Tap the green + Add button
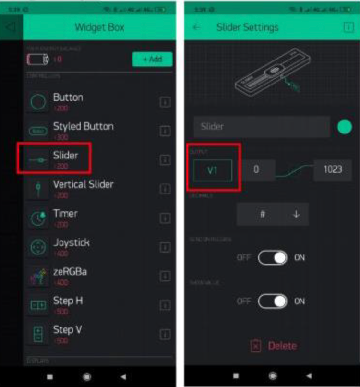pyautogui.click(x=152, y=60)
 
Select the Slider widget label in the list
pyautogui.click(x=65, y=156)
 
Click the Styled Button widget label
pyautogui.click(x=83, y=127)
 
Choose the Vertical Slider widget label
pyautogui.click(x=83, y=184)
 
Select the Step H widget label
pyautogui.click(x=67, y=301)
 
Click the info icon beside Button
pyautogui.click(x=165, y=102)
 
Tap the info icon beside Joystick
pyautogui.click(x=165, y=247)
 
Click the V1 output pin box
pyautogui.click(x=212, y=170)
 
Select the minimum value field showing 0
pyautogui.click(x=257, y=170)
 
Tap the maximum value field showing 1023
pyautogui.click(x=332, y=170)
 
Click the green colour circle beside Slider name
pyautogui.click(x=345, y=127)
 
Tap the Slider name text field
pyautogui.click(x=262, y=127)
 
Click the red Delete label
pyautogui.click(x=282, y=346)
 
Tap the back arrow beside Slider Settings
pyautogui.click(x=196, y=27)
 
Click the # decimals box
pyautogui.click(x=263, y=214)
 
